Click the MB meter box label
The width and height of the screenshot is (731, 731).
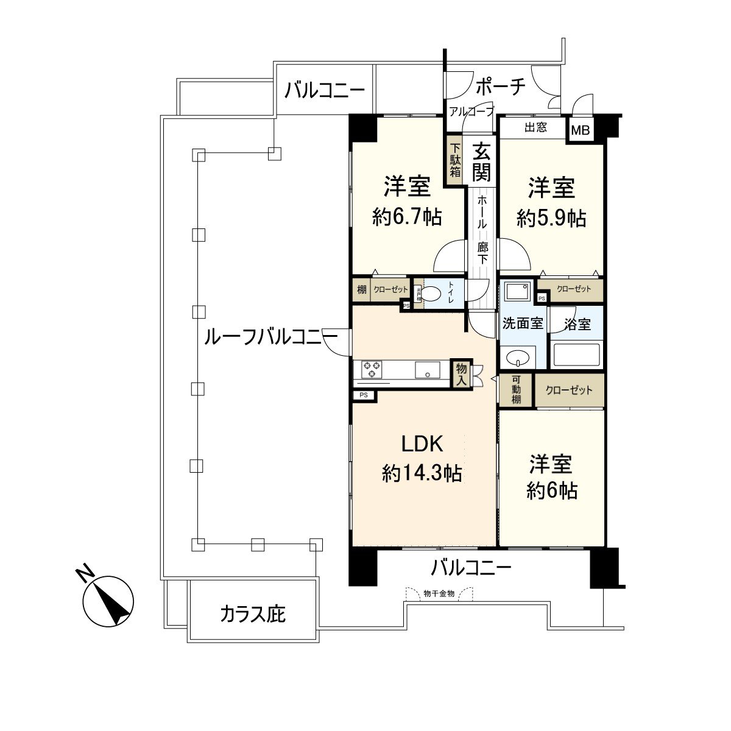tap(580, 130)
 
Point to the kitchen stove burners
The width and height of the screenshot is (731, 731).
tap(372, 369)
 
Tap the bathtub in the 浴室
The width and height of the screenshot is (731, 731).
tap(575, 355)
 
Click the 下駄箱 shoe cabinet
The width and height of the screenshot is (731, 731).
tap(455, 160)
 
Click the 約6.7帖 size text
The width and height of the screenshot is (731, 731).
tap(407, 217)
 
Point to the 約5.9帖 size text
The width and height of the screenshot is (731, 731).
tap(551, 217)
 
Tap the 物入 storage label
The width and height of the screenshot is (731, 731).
tap(461, 373)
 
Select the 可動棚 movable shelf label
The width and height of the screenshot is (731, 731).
tap(517, 390)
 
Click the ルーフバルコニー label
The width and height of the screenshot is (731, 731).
tap(270, 336)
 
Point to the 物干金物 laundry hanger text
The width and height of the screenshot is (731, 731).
tap(439, 593)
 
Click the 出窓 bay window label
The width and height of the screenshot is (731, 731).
tap(535, 127)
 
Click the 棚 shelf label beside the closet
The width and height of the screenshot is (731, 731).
tap(362, 291)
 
